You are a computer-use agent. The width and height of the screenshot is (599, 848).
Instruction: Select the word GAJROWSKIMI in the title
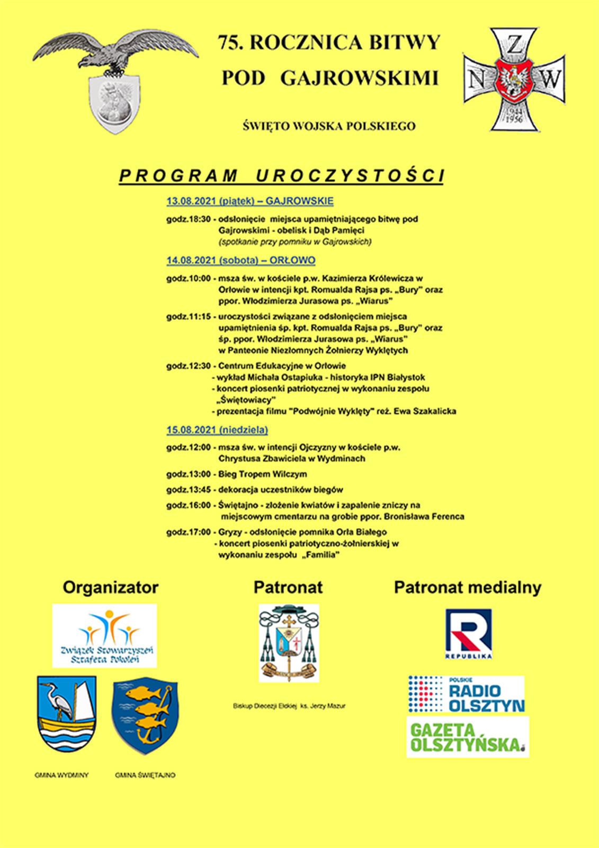[359, 78]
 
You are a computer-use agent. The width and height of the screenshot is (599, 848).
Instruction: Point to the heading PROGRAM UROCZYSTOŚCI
[281, 176]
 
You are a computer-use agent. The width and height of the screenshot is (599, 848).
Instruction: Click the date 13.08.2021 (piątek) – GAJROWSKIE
[250, 201]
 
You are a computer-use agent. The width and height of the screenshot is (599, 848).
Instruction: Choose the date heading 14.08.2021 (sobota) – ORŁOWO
[241, 261]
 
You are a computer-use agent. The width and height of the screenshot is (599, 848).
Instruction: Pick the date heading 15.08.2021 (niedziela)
[217, 430]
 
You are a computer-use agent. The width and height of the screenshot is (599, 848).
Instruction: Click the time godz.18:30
[189, 219]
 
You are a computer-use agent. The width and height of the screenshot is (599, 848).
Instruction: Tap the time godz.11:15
[189, 316]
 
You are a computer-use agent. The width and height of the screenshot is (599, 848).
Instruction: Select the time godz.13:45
[189, 490]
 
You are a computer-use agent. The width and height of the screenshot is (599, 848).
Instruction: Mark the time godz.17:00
[189, 532]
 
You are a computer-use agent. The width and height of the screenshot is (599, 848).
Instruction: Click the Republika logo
[468, 634]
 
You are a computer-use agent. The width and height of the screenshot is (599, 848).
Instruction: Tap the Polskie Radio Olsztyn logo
[466, 694]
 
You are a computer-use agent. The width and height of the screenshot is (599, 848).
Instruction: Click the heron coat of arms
[67, 713]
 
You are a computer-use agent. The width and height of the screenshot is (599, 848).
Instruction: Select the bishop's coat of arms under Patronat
[289, 643]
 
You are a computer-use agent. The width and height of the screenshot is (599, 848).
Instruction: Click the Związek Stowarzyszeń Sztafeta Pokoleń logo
[105, 635]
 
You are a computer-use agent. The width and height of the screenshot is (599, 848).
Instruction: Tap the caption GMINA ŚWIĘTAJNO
[145, 775]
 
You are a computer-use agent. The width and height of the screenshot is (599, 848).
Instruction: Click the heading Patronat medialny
[468, 588]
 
